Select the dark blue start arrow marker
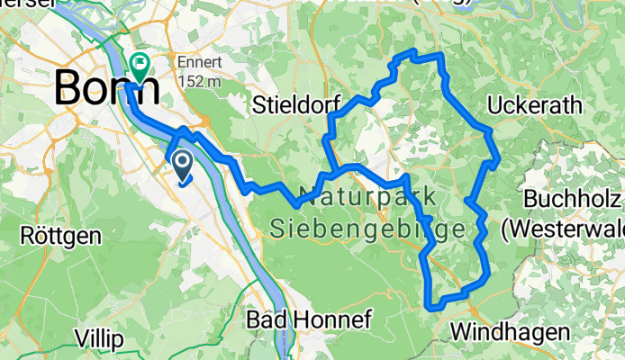181,166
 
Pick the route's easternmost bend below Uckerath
497,161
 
